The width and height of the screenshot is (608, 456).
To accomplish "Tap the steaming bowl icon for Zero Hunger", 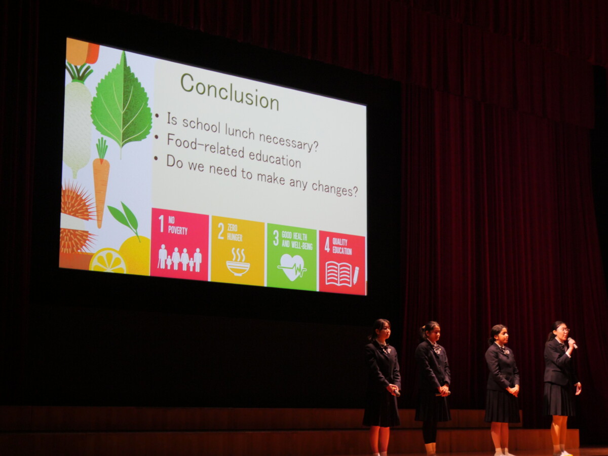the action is [238, 262].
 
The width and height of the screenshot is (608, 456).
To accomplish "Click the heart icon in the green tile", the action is [292, 267].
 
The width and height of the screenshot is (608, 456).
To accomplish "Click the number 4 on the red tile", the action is [327, 245].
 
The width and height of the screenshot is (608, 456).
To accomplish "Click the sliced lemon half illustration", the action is [108, 261].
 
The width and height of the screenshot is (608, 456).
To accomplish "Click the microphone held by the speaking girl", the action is [573, 343].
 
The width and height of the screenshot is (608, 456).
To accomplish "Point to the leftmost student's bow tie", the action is [384, 348].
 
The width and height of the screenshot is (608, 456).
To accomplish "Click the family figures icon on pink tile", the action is [180, 258].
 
